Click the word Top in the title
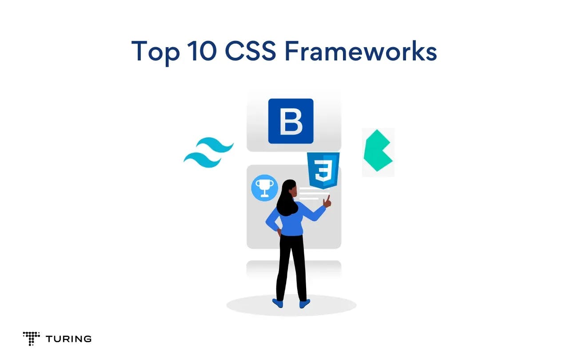[155, 52]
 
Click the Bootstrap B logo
[291, 121]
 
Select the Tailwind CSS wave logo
[208, 153]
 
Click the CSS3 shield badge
[323, 170]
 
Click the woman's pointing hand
[327, 201]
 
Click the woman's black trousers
[291, 267]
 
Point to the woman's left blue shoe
[278, 303]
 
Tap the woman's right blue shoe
[304, 304]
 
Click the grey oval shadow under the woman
[338, 305]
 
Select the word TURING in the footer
[68, 339]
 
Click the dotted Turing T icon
[31, 338]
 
